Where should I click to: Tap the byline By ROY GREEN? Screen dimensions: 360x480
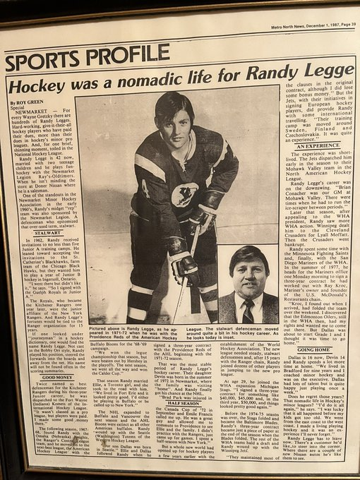(x=25, y=102)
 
